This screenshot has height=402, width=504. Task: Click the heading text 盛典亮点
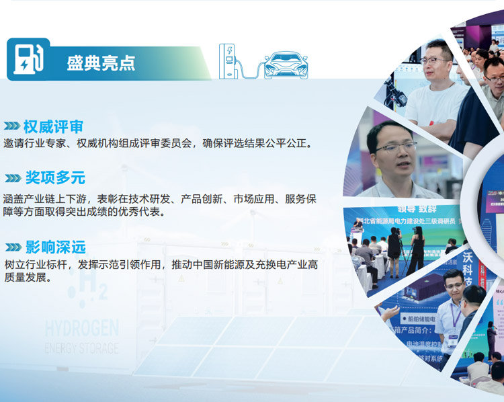point(101,63)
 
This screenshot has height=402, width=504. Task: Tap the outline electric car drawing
point(286,65)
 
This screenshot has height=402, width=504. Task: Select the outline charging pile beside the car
point(228,61)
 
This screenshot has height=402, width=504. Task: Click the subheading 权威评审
point(54,126)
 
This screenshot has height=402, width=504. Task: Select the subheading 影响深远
point(55,247)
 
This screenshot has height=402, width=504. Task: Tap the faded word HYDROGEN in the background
point(81,329)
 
